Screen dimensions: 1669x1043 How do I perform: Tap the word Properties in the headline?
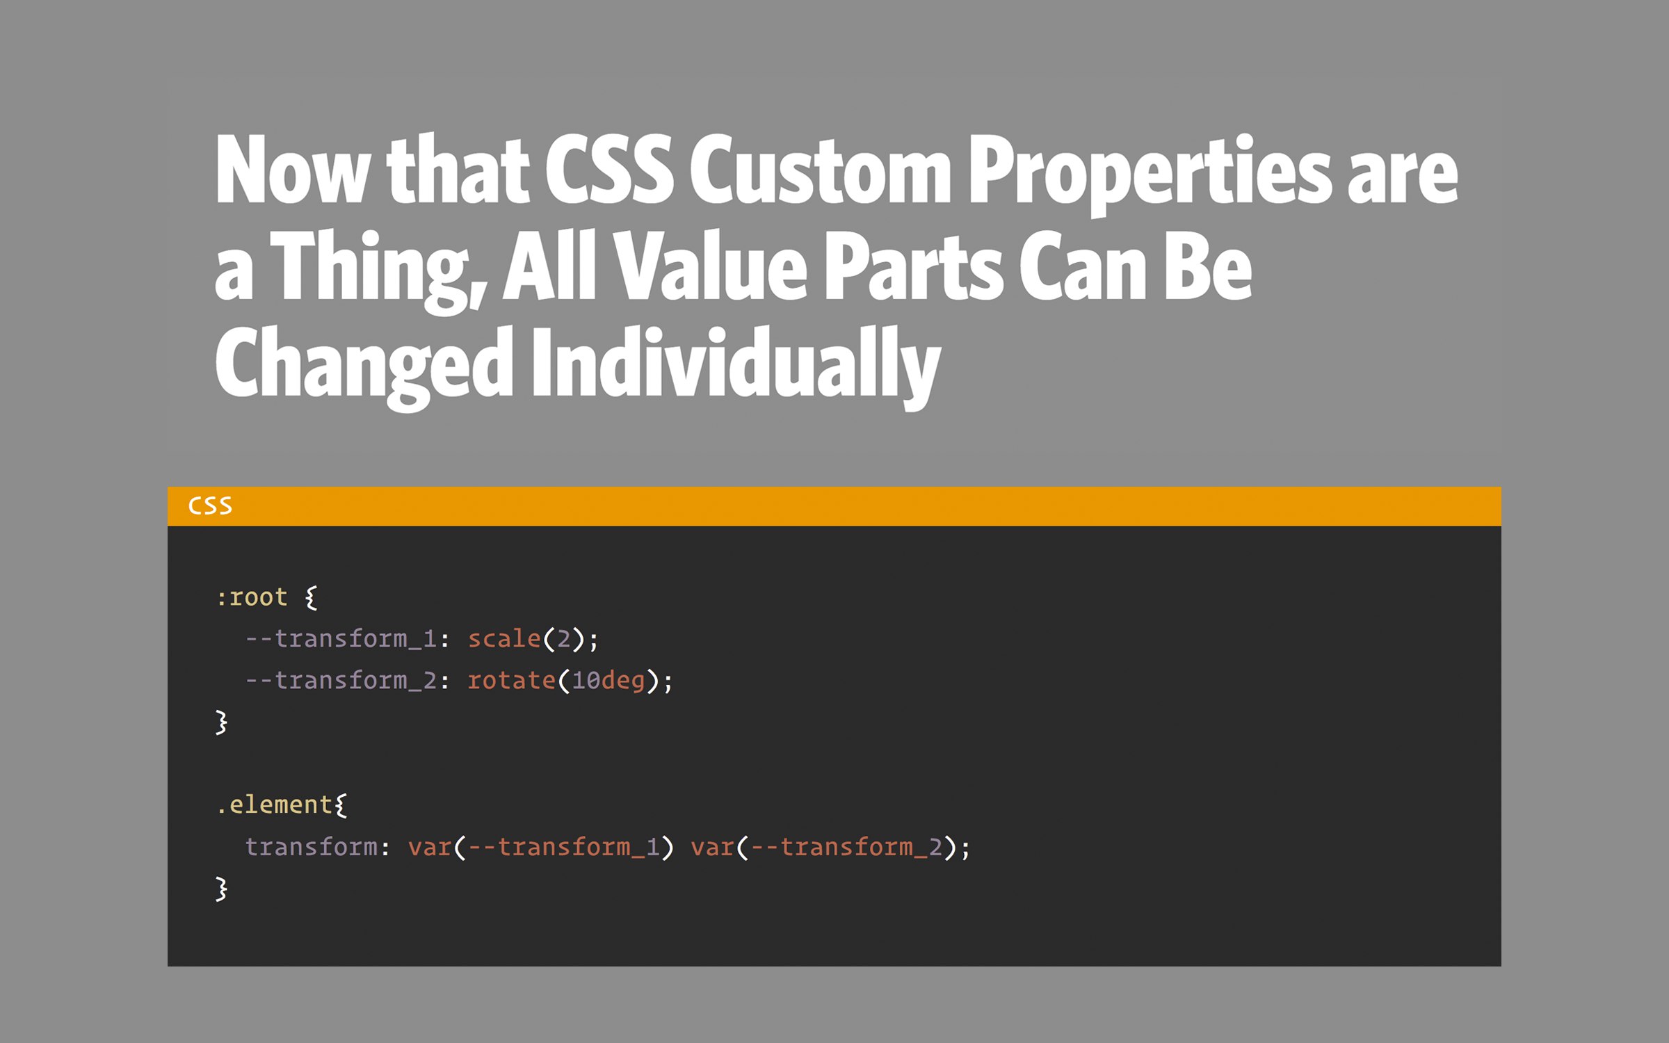tap(1150, 174)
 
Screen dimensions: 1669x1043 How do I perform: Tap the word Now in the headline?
tap(292, 170)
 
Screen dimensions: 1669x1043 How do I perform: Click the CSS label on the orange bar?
tap(210, 506)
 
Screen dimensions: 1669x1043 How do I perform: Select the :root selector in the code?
tap(252, 597)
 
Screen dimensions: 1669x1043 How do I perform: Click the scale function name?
tap(504, 638)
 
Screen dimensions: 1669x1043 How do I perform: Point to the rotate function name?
tap(512, 680)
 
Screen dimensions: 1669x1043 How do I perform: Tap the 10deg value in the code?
tap(608, 681)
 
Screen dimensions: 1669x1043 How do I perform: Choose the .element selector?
tap(274, 805)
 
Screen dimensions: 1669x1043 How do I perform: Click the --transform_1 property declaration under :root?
tap(341, 639)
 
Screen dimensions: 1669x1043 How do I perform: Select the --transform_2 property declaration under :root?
tap(341, 681)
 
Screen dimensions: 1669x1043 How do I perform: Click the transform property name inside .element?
tap(312, 847)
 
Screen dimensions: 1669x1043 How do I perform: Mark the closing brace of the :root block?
tap(221, 722)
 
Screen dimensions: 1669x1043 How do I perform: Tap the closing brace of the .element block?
tap(221, 889)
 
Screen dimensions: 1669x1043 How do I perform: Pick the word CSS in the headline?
tap(609, 170)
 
